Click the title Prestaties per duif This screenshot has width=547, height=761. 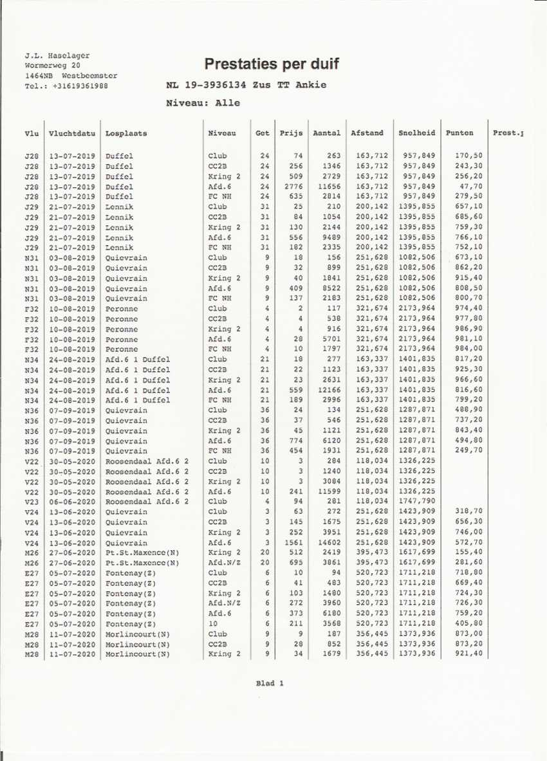coord(271,64)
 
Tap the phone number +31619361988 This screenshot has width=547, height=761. coord(80,86)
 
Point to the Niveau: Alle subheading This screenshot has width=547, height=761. coord(203,103)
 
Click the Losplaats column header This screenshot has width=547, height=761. coord(126,133)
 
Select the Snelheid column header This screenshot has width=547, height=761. coord(416,133)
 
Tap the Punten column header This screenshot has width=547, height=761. coord(459,133)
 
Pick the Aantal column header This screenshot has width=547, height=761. coord(326,133)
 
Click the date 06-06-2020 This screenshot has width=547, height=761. coord(71,501)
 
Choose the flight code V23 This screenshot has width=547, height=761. coord(32,501)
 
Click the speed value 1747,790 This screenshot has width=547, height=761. coord(416,501)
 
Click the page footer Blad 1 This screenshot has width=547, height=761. coord(270,683)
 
